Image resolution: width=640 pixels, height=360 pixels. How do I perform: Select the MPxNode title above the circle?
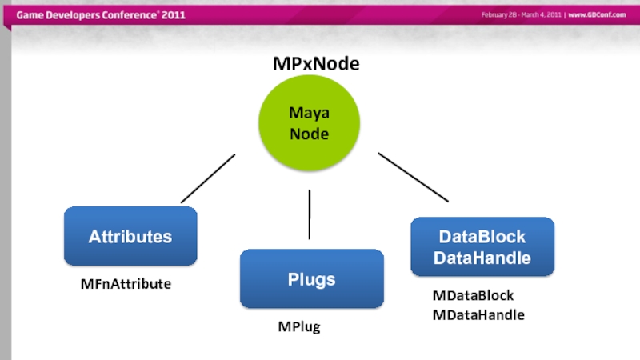[x=316, y=64]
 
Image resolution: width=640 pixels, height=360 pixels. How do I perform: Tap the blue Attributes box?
[x=130, y=236]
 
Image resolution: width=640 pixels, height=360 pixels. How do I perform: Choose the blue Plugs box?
[x=311, y=279]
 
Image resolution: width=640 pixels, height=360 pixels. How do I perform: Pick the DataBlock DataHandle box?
[x=482, y=247]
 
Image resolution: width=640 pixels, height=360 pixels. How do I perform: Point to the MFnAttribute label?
[x=126, y=284]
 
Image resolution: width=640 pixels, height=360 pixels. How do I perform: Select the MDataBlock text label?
[x=473, y=296]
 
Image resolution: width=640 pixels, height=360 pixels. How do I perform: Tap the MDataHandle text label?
[x=478, y=315]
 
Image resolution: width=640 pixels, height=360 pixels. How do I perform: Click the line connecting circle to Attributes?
[x=208, y=178]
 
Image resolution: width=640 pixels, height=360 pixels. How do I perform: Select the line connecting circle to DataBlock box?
[x=413, y=177]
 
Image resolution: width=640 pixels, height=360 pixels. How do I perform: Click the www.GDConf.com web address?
[x=597, y=15]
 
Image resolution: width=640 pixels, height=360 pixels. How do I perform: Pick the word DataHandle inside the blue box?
[x=482, y=258]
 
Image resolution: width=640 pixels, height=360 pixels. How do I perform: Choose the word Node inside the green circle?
[x=309, y=134]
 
